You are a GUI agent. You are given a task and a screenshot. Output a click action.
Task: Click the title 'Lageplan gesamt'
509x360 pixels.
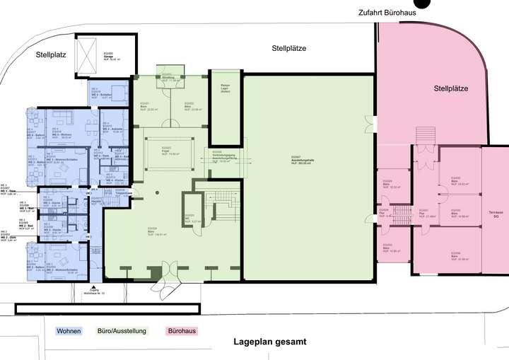(270, 342)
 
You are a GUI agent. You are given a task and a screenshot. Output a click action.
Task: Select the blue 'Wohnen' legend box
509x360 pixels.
(69, 331)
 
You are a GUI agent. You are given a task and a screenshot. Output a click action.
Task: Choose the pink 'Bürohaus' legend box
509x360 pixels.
(182, 331)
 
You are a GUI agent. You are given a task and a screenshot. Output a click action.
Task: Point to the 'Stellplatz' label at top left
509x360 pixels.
(53, 54)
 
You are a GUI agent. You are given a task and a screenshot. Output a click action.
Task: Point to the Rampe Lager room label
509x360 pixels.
(226, 88)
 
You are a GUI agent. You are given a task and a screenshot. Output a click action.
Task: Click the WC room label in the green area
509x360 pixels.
(189, 218)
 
